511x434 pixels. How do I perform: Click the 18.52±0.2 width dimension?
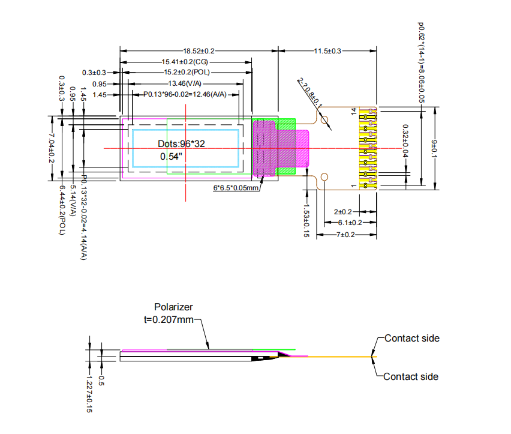point(199,52)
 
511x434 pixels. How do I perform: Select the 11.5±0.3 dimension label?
point(327,52)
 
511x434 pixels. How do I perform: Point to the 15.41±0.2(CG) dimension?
point(184,62)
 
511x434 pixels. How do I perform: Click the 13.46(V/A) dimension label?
point(185,83)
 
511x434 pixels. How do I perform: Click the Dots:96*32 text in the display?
point(181,144)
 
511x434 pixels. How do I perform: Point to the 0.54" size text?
point(171,157)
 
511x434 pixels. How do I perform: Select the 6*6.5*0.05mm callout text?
point(236,188)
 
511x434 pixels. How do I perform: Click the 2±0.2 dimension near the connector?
point(342,212)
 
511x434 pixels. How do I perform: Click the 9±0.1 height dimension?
point(434,148)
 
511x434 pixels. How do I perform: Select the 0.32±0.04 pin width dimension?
point(405,144)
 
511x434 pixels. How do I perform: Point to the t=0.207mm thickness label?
point(169,319)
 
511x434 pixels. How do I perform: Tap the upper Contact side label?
point(411,338)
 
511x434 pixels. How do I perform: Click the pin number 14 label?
point(354,112)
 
